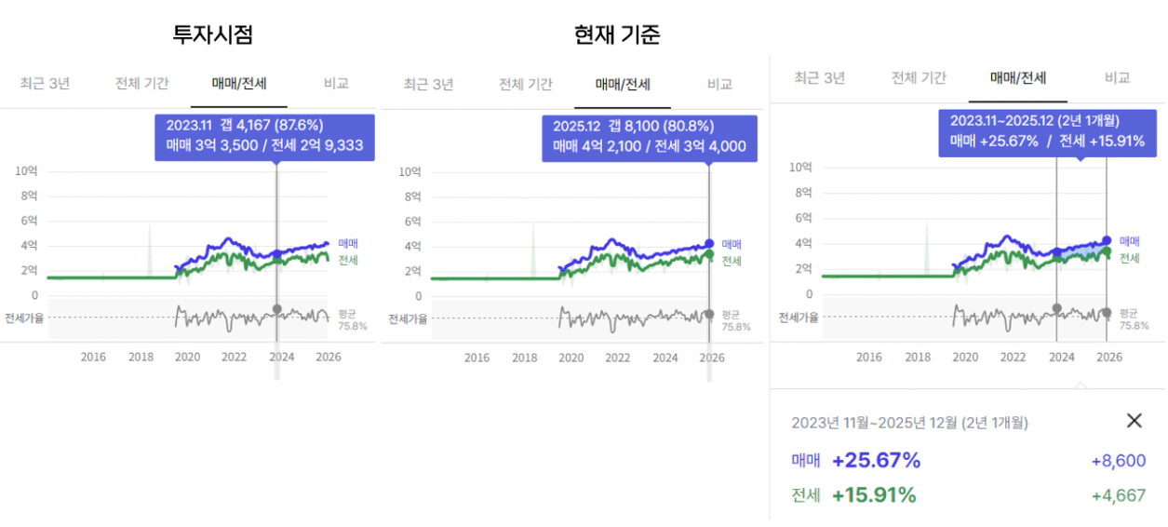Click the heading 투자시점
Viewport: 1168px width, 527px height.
tap(212, 34)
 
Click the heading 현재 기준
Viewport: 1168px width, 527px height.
tap(617, 34)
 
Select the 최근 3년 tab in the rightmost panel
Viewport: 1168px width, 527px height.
tap(820, 78)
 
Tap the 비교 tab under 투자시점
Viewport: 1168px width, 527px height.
tap(336, 83)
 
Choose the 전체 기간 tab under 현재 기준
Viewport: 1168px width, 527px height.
tap(525, 84)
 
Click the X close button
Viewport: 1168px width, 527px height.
tap(1134, 421)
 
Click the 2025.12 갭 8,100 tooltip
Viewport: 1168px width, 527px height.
tap(649, 137)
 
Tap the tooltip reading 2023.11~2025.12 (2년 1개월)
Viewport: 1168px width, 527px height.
tap(1047, 131)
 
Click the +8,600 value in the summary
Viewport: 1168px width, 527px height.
tap(1119, 461)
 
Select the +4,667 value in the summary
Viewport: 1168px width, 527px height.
tap(1119, 495)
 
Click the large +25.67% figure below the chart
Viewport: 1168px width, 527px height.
tap(876, 461)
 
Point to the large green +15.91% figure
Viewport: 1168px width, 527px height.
tap(874, 495)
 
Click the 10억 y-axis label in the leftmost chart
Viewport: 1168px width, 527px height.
tap(27, 171)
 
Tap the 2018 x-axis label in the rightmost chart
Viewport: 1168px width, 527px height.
tap(918, 357)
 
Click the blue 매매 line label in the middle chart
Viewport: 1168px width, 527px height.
tap(732, 244)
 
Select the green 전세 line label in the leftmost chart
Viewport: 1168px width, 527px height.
tap(348, 259)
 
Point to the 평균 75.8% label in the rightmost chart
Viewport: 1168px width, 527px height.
tap(1134, 319)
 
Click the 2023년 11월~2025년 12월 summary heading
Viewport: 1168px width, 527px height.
tap(909, 423)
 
